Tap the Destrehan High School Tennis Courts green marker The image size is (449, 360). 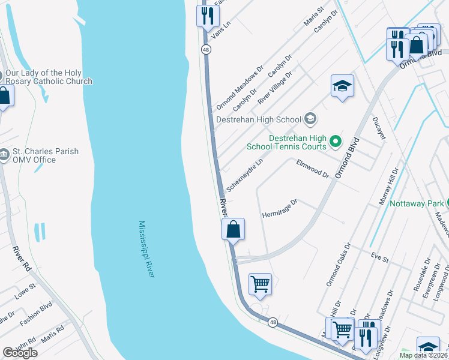(336, 142)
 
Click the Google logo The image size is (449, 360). (20, 353)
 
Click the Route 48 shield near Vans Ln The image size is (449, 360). (206, 50)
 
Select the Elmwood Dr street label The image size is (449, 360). (313, 169)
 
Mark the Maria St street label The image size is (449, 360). (313, 18)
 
